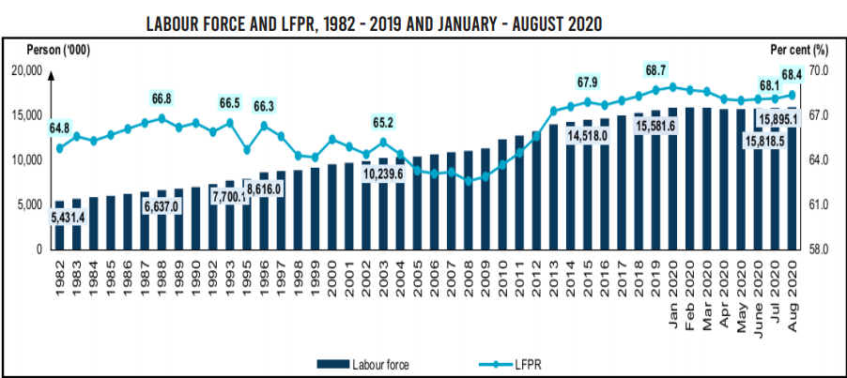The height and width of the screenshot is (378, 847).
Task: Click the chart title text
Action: pyautogui.click(x=373, y=23)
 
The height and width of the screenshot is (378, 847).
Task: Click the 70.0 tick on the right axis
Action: pyautogui.click(x=820, y=71)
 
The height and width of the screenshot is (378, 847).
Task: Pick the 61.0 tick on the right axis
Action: pyautogui.click(x=820, y=205)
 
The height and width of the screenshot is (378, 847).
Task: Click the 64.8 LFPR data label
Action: pyautogui.click(x=59, y=128)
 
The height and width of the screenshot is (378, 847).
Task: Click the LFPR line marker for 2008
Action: pyautogui.click(x=469, y=180)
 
